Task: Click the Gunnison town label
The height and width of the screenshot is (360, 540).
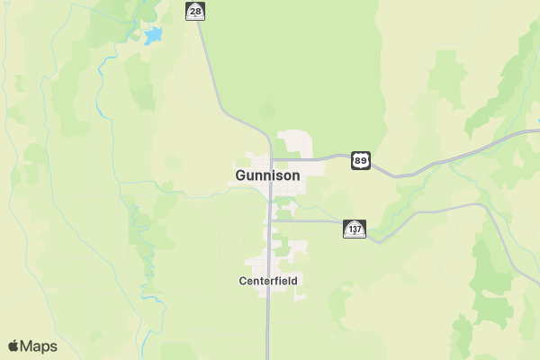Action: click(267, 175)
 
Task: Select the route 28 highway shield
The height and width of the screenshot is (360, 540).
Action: click(194, 11)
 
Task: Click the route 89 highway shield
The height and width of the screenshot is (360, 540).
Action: click(360, 160)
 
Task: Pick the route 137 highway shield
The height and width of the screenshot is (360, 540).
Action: click(355, 229)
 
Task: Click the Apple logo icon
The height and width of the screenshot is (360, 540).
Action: click(13, 346)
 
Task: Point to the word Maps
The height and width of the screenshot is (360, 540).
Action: click(39, 346)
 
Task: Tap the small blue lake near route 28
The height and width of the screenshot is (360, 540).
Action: click(153, 36)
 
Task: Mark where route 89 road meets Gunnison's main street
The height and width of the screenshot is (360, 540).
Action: click(271, 159)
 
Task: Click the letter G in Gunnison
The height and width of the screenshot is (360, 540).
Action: click(241, 175)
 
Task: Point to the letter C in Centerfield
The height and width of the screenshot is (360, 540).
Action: click(243, 281)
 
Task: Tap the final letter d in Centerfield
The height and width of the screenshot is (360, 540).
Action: click(293, 281)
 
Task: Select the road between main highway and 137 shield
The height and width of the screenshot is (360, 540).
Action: click(310, 220)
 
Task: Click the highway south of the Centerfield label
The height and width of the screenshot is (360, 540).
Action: click(268, 315)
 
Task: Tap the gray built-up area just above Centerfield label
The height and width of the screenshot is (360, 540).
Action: click(270, 264)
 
